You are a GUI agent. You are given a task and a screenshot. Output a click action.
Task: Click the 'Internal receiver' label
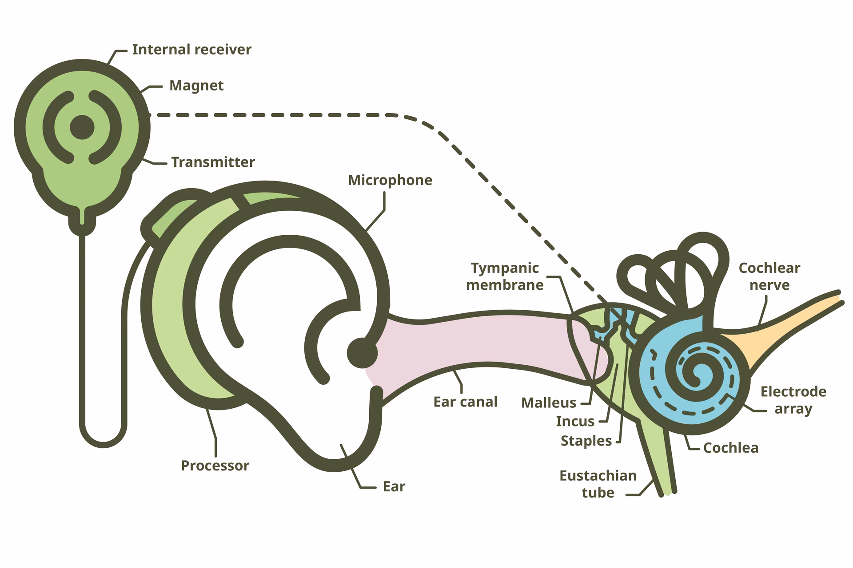click(191, 49)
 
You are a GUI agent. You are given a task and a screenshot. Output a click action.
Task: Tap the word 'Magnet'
click(196, 85)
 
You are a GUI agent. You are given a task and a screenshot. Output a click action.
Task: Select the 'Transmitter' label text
click(213, 162)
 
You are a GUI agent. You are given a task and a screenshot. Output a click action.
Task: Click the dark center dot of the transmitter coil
click(82, 127)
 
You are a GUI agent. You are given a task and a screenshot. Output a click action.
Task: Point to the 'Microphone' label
click(390, 180)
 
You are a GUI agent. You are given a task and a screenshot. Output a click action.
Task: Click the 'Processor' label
click(215, 465)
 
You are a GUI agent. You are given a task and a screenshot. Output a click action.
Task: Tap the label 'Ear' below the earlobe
click(394, 486)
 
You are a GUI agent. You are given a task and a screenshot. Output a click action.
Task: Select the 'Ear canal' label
click(465, 402)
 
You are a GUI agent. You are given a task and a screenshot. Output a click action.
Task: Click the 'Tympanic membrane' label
click(505, 276)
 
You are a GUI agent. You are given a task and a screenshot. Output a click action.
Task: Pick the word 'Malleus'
click(548, 402)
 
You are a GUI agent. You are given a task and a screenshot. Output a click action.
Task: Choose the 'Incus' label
click(575, 421)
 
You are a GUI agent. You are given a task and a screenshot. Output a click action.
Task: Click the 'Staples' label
click(586, 441)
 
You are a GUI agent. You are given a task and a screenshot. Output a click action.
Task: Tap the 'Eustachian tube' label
click(598, 484)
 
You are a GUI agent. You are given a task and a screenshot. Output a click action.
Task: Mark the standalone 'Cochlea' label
click(730, 448)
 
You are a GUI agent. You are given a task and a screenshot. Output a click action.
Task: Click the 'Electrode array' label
click(793, 400)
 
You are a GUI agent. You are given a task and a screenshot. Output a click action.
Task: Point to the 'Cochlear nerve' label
click(769, 276)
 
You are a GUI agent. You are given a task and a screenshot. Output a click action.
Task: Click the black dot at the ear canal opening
click(362, 353)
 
